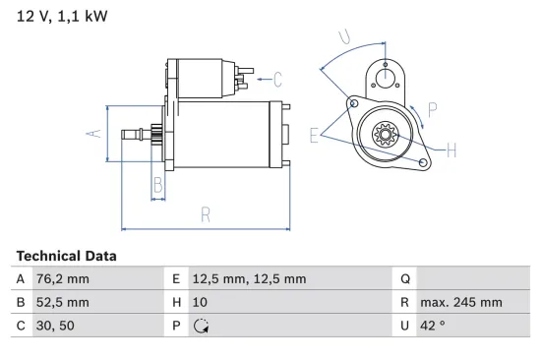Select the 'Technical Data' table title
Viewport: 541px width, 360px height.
pyautogui.click(x=66, y=256)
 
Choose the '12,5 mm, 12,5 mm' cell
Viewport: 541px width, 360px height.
pyautogui.click(x=248, y=279)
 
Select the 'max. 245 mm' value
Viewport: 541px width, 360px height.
pyautogui.click(x=460, y=303)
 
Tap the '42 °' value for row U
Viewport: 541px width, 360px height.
pyautogui.click(x=430, y=327)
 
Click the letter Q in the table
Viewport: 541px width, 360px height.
pyautogui.click(x=404, y=279)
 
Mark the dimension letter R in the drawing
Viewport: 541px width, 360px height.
pyautogui.click(x=206, y=213)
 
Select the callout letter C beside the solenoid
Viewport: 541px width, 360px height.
pyautogui.click(x=277, y=78)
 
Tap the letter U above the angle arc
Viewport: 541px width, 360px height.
pyautogui.click(x=342, y=37)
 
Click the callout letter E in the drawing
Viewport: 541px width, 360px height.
pyautogui.click(x=314, y=136)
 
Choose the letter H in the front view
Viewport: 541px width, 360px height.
pyautogui.click(x=452, y=150)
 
